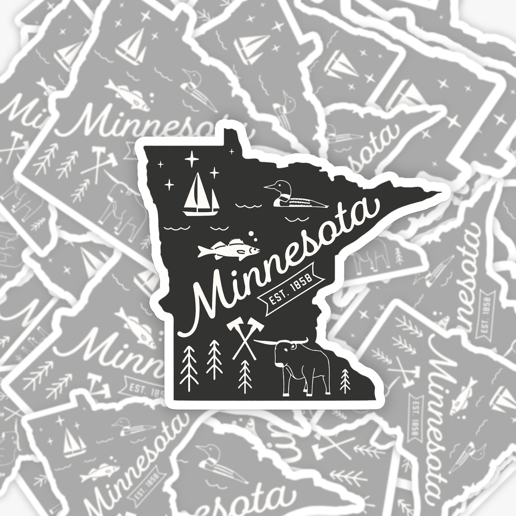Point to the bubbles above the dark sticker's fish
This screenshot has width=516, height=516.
[252, 236]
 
